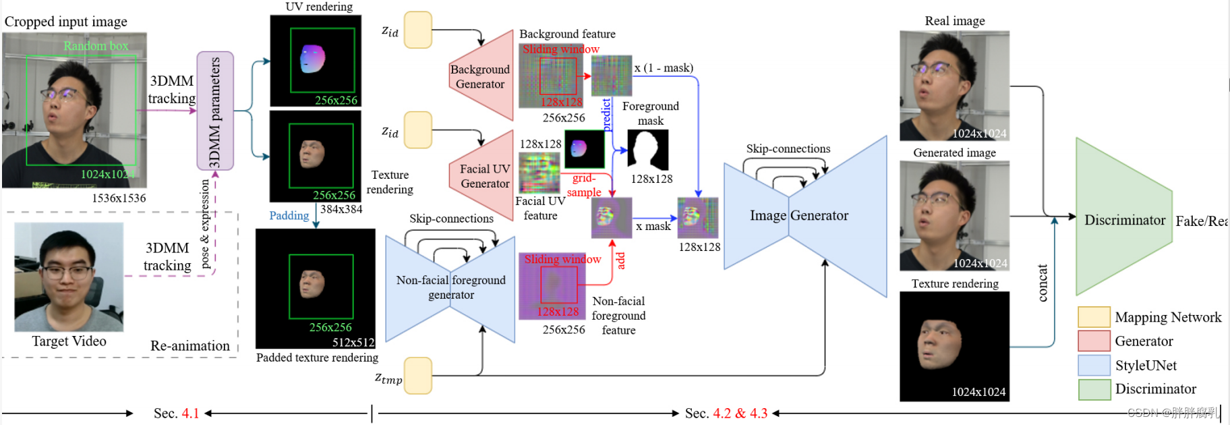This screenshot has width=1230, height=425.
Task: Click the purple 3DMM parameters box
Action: point(215,111)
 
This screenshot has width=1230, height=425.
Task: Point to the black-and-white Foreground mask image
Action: point(648,150)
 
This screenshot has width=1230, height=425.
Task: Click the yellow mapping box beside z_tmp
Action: point(418,376)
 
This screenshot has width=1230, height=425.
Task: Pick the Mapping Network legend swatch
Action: point(1094,317)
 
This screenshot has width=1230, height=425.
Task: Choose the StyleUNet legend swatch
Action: point(1094,365)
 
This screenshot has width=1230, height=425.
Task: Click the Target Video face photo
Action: point(69,277)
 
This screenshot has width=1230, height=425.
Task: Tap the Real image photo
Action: point(954,85)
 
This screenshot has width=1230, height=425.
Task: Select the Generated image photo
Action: point(954,216)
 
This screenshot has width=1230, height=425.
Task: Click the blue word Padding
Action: point(289,216)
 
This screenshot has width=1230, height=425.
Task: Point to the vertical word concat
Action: point(1043,283)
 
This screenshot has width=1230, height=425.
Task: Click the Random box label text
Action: point(96,46)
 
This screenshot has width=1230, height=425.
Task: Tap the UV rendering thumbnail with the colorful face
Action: point(315,61)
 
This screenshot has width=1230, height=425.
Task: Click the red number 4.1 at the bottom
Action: point(191,413)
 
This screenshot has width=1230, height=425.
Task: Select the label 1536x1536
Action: point(119,198)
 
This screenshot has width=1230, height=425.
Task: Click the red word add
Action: point(621,260)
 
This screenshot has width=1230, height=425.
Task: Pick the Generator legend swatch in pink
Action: point(1094,341)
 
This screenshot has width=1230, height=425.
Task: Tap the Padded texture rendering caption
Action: point(317,358)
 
